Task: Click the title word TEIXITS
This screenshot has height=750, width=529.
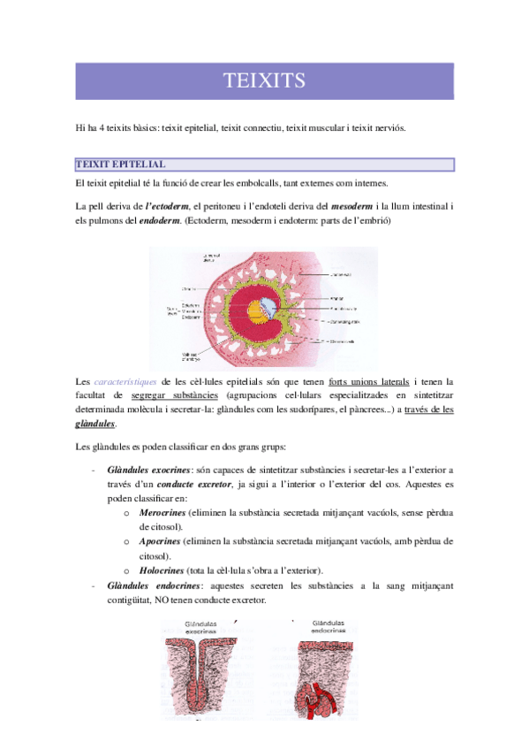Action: [264, 81]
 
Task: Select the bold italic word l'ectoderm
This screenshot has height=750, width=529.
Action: [168, 206]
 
